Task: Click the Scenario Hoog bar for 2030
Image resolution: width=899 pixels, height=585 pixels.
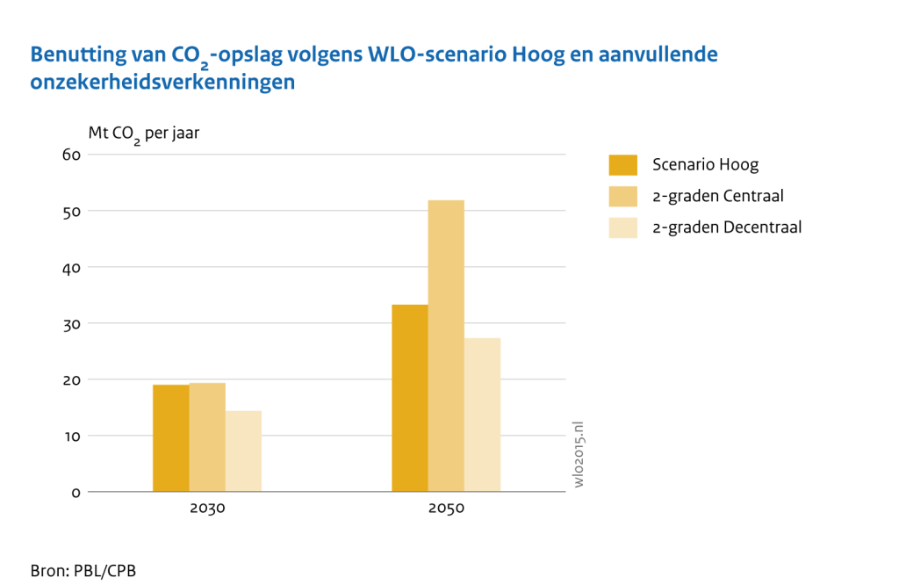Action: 170,438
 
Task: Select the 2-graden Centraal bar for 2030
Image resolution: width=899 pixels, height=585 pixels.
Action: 207,437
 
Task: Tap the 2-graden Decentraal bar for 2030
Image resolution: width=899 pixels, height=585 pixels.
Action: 243,451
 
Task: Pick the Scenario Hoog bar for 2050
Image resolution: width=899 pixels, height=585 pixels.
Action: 410,398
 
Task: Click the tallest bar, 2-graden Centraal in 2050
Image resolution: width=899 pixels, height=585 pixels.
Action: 446,346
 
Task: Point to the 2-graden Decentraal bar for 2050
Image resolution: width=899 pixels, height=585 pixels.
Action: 483,415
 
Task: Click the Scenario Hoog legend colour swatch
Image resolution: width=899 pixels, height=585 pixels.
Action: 622,164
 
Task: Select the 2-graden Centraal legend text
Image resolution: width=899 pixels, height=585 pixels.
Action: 717,196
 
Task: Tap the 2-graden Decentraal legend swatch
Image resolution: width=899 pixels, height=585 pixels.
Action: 622,227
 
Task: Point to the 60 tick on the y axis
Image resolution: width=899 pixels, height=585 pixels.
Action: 71,155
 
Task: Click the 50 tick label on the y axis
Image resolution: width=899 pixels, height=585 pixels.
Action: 71,211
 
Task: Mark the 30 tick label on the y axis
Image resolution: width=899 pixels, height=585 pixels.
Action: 71,323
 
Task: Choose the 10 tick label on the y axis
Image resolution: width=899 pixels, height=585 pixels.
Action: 71,436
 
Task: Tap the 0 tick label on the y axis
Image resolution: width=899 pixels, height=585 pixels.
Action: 76,492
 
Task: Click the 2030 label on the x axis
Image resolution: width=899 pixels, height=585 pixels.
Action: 207,509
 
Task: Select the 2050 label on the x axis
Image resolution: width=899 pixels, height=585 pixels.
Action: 446,509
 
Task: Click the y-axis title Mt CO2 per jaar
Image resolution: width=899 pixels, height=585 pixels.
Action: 149,134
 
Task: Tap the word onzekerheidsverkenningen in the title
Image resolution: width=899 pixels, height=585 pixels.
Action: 162,83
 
